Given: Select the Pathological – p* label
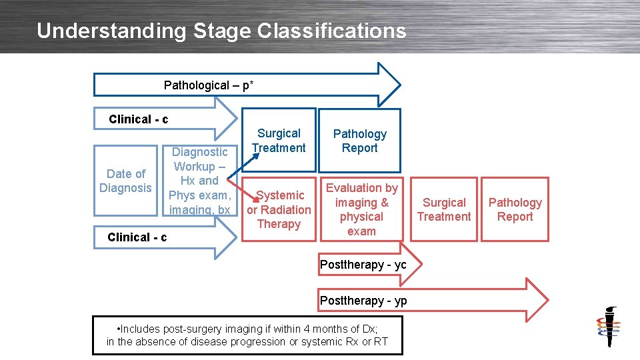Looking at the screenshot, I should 208,85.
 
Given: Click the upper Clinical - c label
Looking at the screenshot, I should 138,119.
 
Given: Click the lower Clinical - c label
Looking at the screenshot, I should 137,237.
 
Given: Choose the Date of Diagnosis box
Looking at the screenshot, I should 125,181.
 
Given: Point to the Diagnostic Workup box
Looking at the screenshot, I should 199,181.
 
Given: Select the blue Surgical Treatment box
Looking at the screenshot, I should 279,141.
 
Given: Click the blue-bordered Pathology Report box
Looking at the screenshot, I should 359,141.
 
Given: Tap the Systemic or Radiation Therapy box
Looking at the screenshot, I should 279,209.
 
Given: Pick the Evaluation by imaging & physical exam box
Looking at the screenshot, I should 361,209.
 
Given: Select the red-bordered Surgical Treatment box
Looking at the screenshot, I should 444,209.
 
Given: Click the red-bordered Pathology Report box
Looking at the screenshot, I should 515,209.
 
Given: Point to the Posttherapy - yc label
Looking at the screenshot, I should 363,265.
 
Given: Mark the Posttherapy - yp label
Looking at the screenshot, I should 363,301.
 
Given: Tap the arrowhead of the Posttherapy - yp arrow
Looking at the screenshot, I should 537,299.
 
